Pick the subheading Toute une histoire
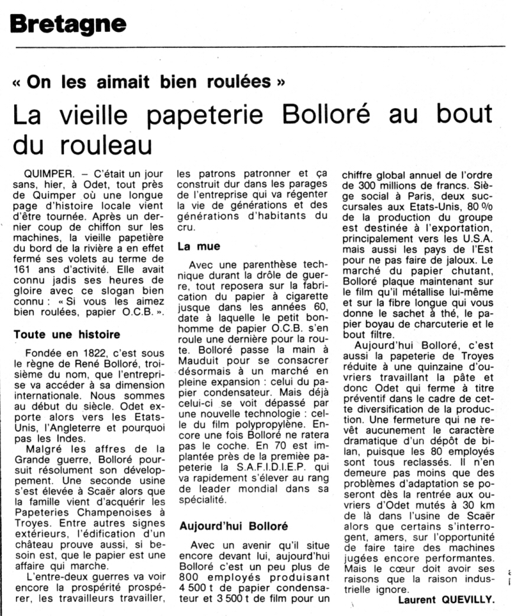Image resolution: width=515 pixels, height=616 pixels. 60,334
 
